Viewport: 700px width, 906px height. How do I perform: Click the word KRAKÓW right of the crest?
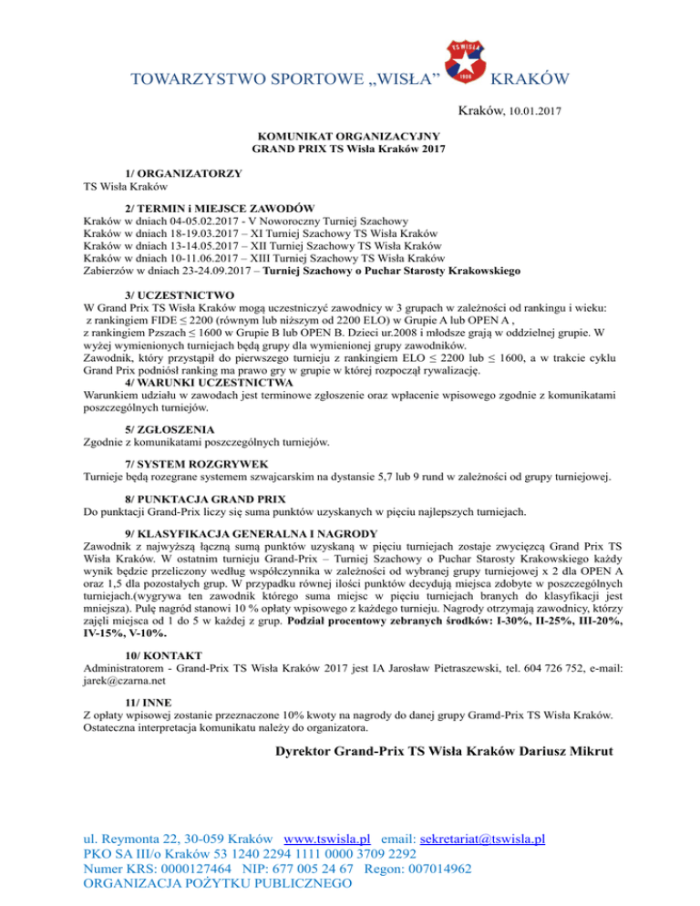(530, 79)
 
